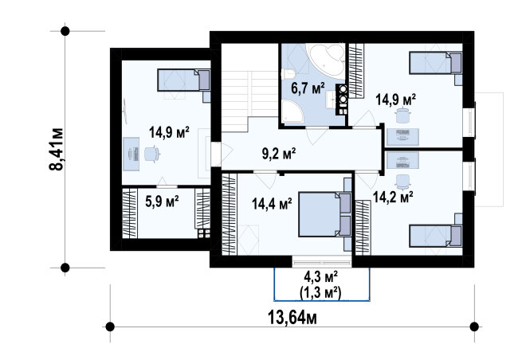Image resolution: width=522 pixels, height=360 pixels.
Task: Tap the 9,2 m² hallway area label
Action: pyautogui.click(x=279, y=154)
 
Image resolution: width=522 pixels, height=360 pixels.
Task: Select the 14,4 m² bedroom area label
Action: pyautogui.click(x=272, y=204)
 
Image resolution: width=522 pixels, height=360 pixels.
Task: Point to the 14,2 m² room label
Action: pyautogui.click(x=393, y=197)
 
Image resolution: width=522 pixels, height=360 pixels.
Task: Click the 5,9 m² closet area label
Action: pyautogui.click(x=162, y=201)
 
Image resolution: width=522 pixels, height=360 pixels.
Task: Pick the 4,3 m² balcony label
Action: pyautogui.click(x=321, y=277)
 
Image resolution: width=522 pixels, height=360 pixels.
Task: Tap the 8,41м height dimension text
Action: pyautogui.click(x=57, y=149)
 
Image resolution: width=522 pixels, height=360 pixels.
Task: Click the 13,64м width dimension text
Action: pyautogui.click(x=292, y=318)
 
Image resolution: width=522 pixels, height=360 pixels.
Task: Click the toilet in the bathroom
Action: pyautogui.click(x=288, y=74)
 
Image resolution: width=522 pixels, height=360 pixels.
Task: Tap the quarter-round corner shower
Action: pyautogui.click(x=292, y=112)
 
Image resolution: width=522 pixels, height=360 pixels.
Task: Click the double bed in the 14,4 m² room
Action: pyautogui.click(x=325, y=214)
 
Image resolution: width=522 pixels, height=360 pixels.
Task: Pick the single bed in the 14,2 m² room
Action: pyautogui.click(x=436, y=236)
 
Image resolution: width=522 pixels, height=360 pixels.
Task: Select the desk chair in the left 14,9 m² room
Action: pyautogui.click(x=152, y=155)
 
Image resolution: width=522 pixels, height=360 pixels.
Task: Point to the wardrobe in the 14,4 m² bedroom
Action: pyautogui.click(x=229, y=214)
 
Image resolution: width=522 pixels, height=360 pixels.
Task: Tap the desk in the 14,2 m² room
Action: pyautogui.click(x=402, y=160)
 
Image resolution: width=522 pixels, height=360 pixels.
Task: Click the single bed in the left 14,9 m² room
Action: pyautogui.click(x=184, y=80)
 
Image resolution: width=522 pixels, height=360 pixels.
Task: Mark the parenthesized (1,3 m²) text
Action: pyautogui.click(x=321, y=293)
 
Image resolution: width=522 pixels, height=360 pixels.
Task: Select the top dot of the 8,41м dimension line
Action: pyautogui.click(x=65, y=31)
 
